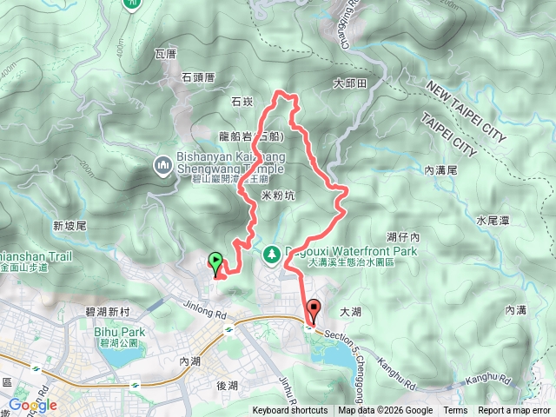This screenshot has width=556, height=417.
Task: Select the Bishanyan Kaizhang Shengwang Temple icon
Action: tap(162, 165)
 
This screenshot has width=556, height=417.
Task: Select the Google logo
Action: tap(33, 405)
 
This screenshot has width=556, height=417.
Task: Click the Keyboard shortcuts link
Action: tap(290, 411)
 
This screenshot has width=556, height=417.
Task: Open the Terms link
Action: tap(455, 411)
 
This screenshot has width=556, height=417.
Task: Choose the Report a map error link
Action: tap(513, 411)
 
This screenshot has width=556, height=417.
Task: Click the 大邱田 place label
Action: tap(351, 84)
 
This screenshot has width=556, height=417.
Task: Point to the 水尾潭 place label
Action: tap(493, 221)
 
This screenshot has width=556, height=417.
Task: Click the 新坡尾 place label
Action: tap(69, 226)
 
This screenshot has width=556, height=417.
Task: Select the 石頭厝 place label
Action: tap(198, 77)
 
